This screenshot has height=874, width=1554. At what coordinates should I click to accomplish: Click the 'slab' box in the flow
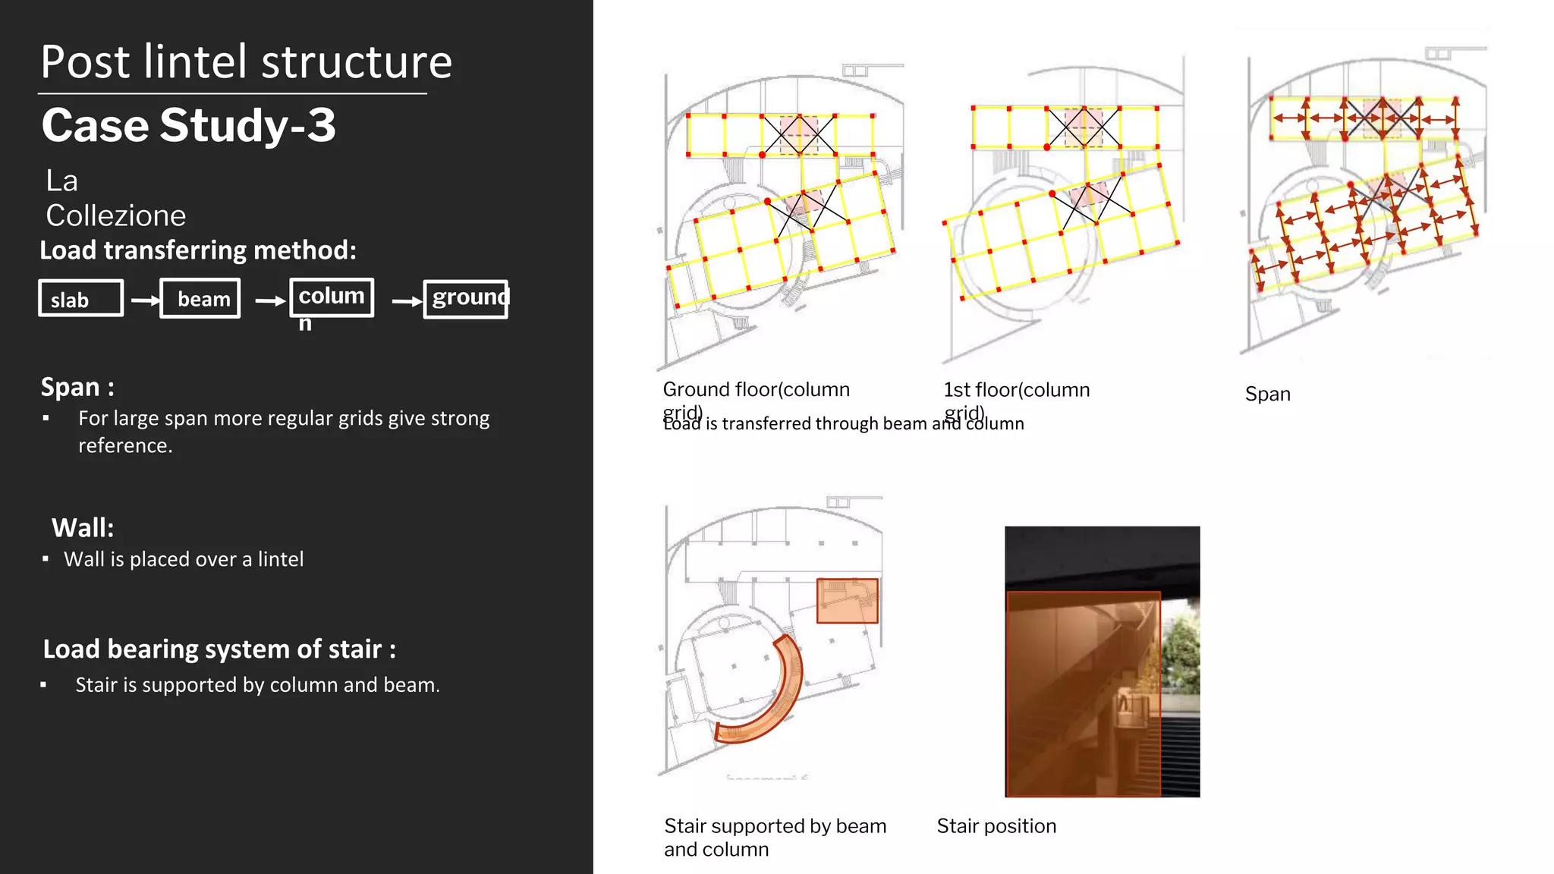tap(80, 298)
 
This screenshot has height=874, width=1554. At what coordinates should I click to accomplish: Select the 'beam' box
tap(200, 298)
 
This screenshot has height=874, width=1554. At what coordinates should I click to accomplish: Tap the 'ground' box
tap(465, 299)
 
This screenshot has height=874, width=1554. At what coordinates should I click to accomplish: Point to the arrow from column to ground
tap(406, 301)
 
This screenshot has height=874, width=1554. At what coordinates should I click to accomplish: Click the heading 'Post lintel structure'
tap(246, 61)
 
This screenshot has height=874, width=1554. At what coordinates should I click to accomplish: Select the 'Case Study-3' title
tap(188, 125)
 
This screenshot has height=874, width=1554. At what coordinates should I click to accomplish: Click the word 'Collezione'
tap(115, 215)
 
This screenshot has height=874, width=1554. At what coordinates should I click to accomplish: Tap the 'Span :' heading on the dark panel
tap(77, 387)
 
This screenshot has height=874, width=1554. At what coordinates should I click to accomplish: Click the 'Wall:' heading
tap(83, 527)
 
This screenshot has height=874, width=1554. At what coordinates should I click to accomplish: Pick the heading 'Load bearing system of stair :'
tap(219, 649)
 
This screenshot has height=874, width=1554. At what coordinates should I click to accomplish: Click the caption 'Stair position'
tap(996, 825)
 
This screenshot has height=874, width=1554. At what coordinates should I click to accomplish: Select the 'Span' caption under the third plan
tap(1267, 394)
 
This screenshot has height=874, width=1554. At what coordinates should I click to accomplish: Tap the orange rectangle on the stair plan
tap(847, 601)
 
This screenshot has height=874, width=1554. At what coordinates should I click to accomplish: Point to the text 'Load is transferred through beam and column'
tap(843, 424)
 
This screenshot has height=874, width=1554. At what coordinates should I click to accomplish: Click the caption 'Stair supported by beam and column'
tap(774, 837)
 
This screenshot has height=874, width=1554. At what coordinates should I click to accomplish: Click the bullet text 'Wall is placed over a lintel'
tap(184, 559)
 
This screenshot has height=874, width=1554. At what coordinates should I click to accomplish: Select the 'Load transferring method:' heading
tap(198, 250)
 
